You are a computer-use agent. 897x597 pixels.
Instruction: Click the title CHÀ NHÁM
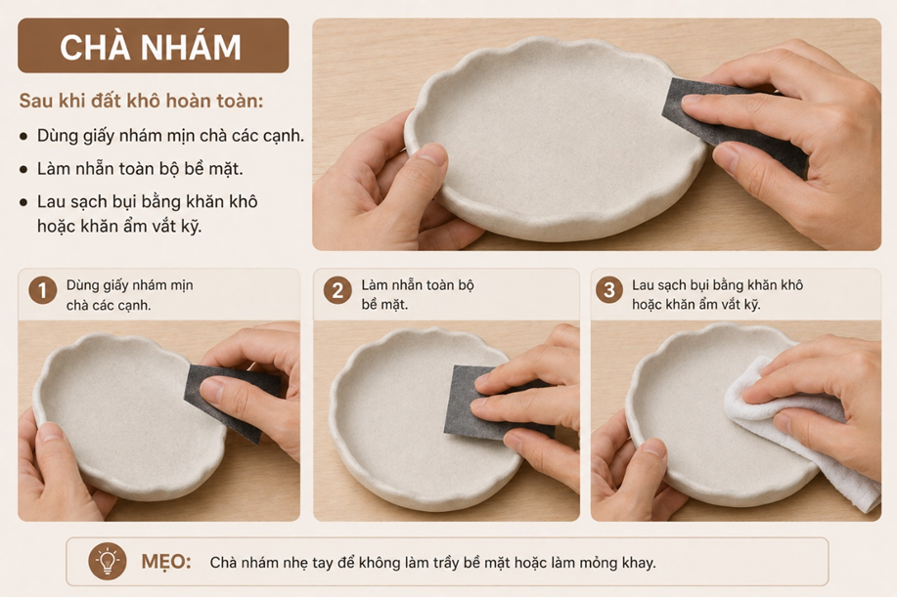(151, 46)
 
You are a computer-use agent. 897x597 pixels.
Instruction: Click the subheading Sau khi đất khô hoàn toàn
(141, 101)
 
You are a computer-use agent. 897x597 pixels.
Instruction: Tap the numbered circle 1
(42, 290)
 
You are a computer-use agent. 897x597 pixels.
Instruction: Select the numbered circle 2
(337, 290)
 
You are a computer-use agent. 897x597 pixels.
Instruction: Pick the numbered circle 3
(609, 290)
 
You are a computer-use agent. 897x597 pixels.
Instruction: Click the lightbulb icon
(108, 562)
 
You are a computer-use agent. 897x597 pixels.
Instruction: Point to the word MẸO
(166, 562)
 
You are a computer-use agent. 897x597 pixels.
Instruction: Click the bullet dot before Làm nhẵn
(23, 170)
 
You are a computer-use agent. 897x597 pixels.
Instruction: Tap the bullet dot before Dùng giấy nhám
(23, 137)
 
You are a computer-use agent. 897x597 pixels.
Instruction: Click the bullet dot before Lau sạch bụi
(23, 202)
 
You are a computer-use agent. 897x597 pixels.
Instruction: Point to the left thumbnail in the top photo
(431, 154)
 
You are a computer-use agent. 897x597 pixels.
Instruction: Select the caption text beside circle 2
(418, 294)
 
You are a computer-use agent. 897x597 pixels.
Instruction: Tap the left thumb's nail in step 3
(652, 448)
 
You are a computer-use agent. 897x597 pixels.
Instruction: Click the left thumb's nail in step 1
(50, 433)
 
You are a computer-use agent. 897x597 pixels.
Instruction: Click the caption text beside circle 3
(717, 294)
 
